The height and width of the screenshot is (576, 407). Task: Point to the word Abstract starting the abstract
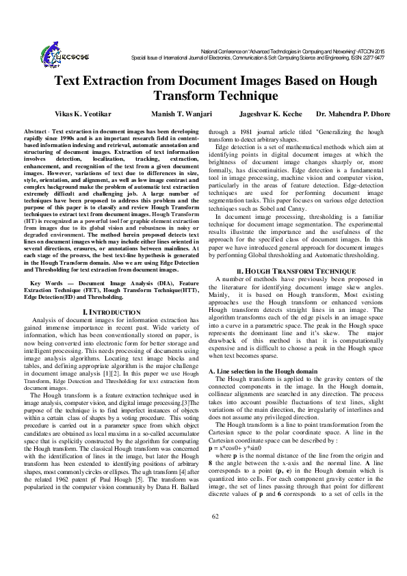pos(35,131)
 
